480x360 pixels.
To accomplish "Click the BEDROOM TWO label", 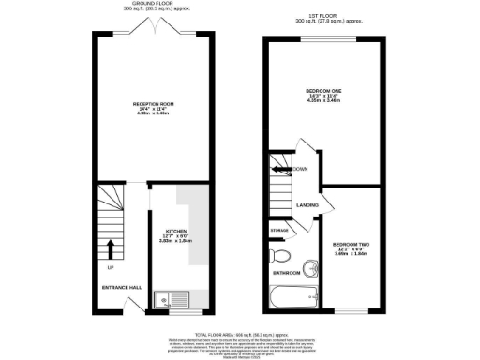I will coord(351,246).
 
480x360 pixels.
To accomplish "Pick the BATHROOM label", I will coord(287,273).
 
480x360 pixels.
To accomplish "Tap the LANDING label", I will coord(307,203).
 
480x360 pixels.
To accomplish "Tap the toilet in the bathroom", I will coord(279,255).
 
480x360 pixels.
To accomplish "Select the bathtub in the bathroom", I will coord(294,298).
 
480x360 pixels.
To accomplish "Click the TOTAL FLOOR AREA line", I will coord(241,334).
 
